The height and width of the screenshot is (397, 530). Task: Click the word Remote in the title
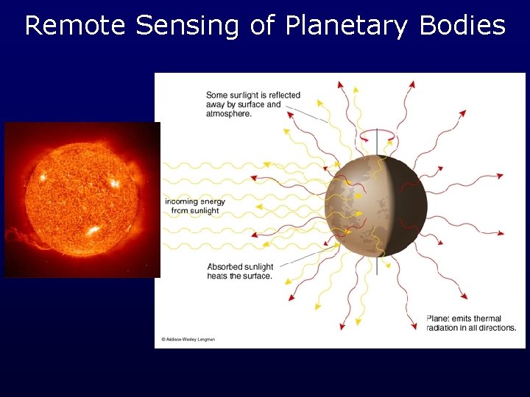76,26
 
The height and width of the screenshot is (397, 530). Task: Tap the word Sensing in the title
188,26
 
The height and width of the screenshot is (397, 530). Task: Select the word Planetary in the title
347,26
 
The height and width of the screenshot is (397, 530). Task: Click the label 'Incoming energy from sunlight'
195,206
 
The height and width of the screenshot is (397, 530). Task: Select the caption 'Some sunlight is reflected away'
252,104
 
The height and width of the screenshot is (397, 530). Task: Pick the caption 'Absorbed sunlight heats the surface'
240,271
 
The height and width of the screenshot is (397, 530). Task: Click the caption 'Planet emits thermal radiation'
471,323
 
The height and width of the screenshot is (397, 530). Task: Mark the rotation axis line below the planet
377,265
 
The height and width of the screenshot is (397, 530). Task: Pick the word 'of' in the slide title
262,26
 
